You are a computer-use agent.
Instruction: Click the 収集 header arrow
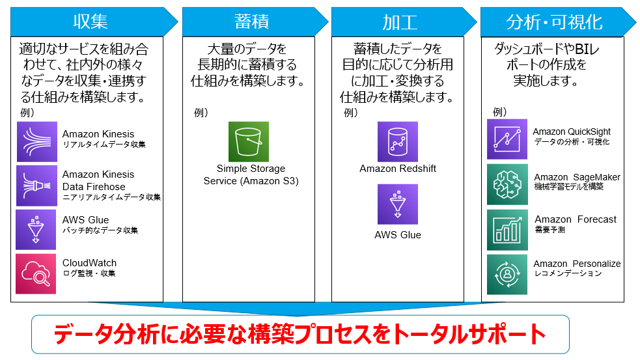[94, 21]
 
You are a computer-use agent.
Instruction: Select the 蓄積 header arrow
[255, 21]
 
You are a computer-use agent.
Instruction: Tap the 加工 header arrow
[404, 21]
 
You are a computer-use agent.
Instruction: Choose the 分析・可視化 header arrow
[558, 21]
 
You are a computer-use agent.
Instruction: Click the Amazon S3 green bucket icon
[249, 142]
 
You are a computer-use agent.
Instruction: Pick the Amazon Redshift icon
[398, 142]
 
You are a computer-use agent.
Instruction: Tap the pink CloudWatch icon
[36, 274]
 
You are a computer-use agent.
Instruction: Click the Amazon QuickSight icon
[507, 139]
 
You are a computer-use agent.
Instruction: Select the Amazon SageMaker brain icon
[507, 184]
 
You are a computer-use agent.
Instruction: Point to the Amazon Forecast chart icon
[507, 230]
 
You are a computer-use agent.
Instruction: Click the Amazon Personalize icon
[507, 275]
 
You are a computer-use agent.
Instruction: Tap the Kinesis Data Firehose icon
[36, 186]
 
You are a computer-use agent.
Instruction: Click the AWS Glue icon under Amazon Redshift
[398, 204]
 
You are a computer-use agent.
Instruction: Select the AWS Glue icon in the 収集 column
[36, 230]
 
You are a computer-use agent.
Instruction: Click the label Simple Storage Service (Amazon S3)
[251, 174]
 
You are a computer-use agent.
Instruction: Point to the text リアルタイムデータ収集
[104, 145]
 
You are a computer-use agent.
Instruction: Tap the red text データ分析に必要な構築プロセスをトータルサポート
[299, 335]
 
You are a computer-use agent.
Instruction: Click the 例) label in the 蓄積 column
[201, 112]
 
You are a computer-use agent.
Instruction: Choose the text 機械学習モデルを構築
[568, 187]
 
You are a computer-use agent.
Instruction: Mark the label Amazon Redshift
[398, 169]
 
